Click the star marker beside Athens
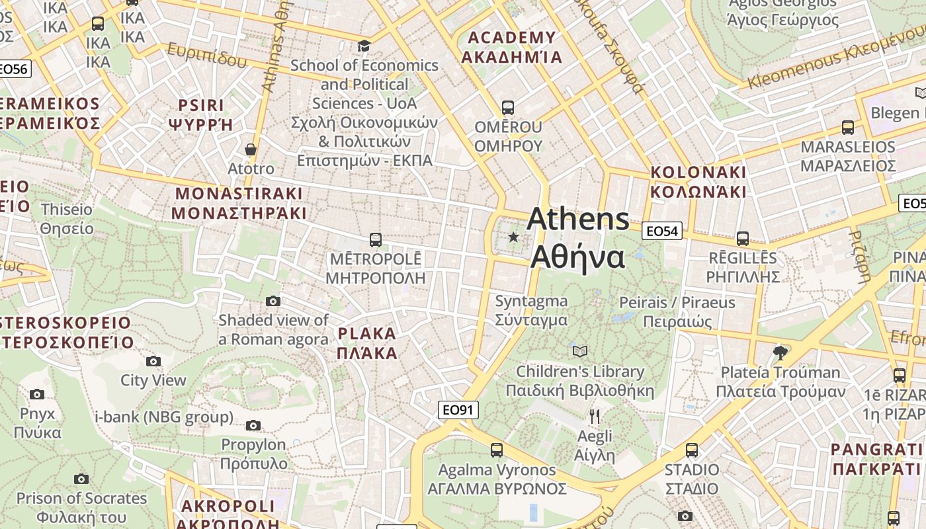pyautogui.click(x=513, y=237)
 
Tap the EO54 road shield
pyautogui.click(x=662, y=231)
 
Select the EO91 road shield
pyautogui.click(x=458, y=410)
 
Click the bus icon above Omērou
pyautogui.click(x=508, y=107)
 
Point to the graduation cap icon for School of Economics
pyautogui.click(x=364, y=46)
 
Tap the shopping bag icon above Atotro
pyautogui.click(x=251, y=149)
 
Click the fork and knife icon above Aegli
pyautogui.click(x=595, y=416)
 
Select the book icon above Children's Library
pyautogui.click(x=580, y=351)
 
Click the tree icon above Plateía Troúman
pyautogui.click(x=780, y=352)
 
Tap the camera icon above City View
pyautogui.click(x=153, y=361)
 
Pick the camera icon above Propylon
pyautogui.click(x=253, y=425)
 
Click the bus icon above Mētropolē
pyautogui.click(x=376, y=239)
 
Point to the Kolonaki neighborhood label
pyautogui.click(x=698, y=182)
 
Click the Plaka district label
pyautogui.click(x=367, y=343)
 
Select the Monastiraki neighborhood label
pyautogui.click(x=239, y=203)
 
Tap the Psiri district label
pyautogui.click(x=202, y=114)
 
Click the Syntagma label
pyautogui.click(x=532, y=310)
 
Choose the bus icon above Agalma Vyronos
pyautogui.click(x=497, y=450)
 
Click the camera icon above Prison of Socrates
pyautogui.click(x=81, y=479)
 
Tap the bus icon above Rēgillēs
pyautogui.click(x=743, y=239)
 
